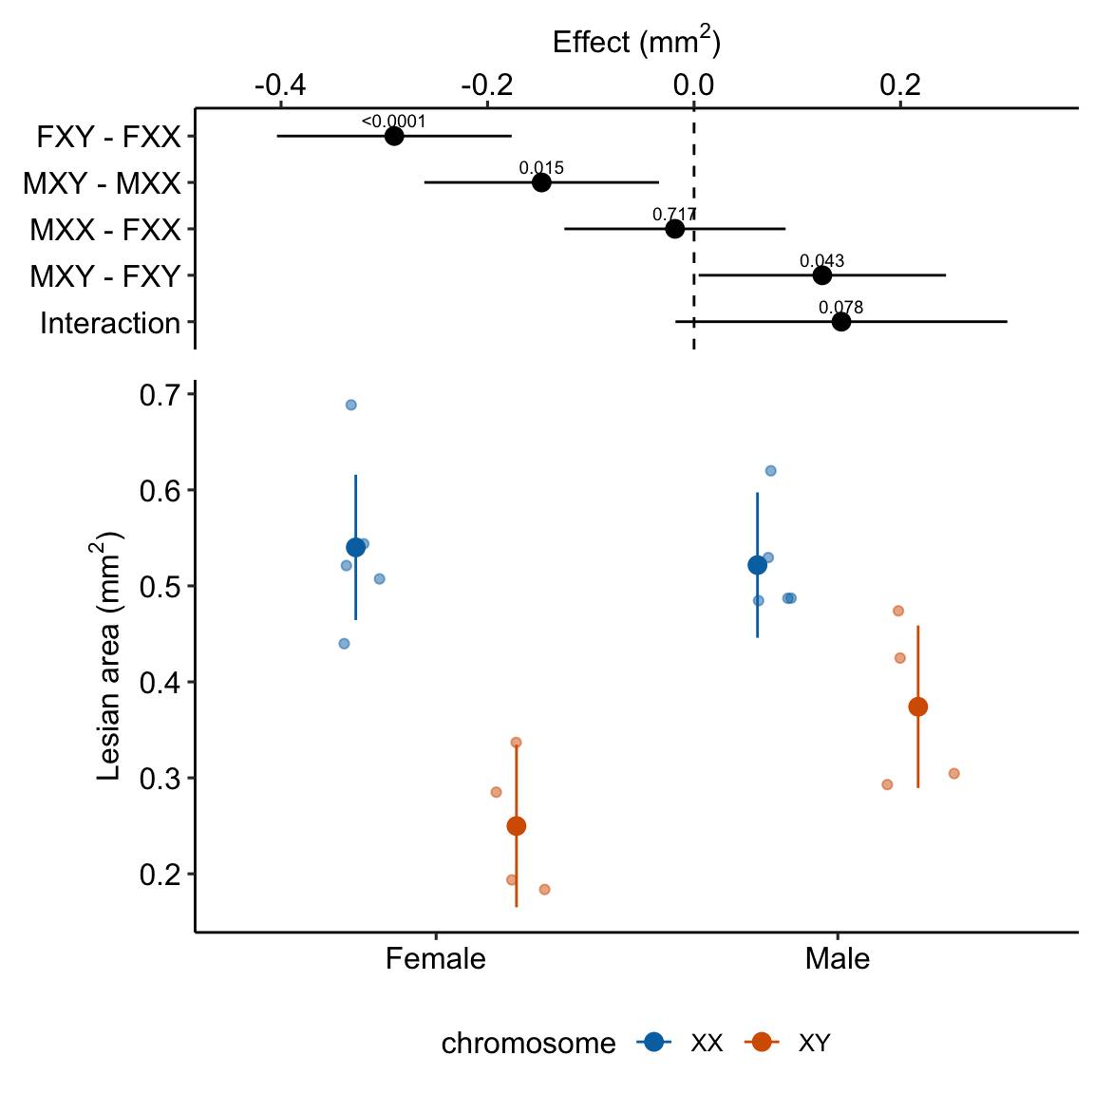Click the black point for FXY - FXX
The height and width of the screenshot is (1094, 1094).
coord(394,136)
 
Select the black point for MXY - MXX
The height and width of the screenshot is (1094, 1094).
coord(541,182)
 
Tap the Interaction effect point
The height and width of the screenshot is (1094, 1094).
coord(840,322)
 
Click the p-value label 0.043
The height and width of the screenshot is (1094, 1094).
coord(821,261)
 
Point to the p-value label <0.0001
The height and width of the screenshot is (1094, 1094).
coord(394,122)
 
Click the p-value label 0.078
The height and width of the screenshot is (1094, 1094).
coord(840,308)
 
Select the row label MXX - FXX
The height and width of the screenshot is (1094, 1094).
coord(105,230)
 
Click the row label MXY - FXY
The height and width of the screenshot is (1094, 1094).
coord(105,276)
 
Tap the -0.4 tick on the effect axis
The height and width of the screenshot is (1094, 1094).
coord(280,85)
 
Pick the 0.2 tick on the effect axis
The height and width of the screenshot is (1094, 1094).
coord(900,85)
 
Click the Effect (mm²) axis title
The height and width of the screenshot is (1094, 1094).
coord(636,43)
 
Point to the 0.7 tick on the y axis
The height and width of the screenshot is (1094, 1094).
coord(160,395)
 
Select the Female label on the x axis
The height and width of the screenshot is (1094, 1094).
coord(436,959)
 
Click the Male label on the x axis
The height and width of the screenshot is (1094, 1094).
coord(838,959)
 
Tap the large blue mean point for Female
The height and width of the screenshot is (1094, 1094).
coord(356,547)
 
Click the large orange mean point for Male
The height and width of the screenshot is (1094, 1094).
coord(918,707)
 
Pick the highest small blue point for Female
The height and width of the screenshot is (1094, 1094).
coord(350,405)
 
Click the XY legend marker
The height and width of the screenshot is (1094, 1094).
coord(761,1043)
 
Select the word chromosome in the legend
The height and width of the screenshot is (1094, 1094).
coord(528,1044)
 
